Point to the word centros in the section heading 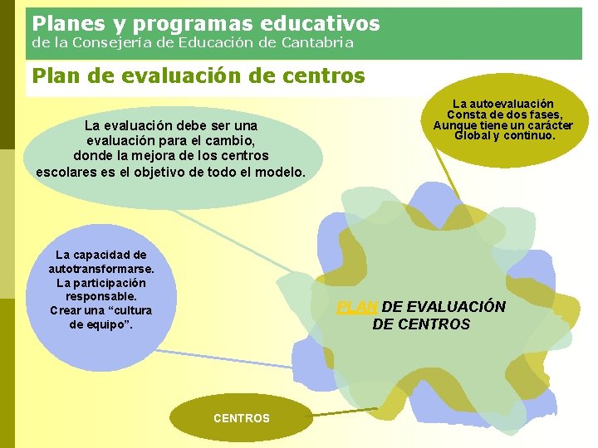tap(324, 76)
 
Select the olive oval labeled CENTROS tap(242, 418)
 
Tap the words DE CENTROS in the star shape tap(421, 324)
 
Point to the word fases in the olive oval tap(544, 114)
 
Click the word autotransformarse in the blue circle tap(100, 269)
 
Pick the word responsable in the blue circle tap(100, 296)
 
